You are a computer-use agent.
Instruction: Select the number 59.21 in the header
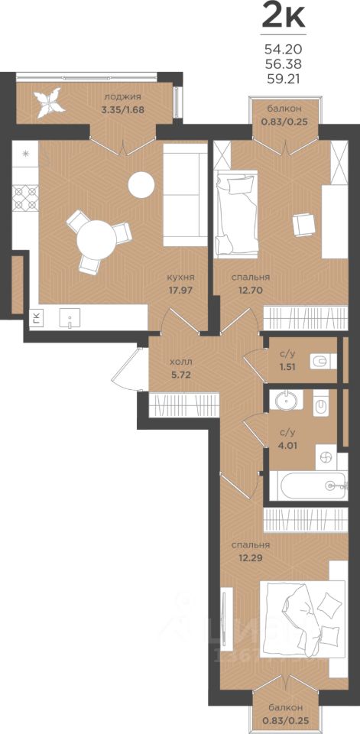pyautogui.click(x=284, y=79)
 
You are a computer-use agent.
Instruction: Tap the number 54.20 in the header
pyautogui.click(x=284, y=49)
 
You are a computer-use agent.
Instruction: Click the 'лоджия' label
pyautogui.click(x=122, y=97)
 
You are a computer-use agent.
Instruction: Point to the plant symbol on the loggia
pyautogui.click(x=48, y=102)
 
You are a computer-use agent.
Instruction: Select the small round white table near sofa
pyautogui.click(x=141, y=184)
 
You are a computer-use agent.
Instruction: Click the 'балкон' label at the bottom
pyautogui.click(x=285, y=706)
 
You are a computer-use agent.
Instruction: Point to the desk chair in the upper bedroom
pyautogui.click(x=302, y=225)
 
